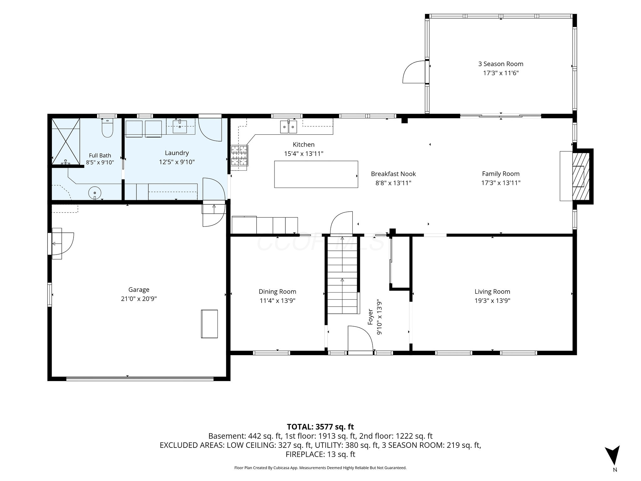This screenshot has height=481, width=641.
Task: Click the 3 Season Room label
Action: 500,64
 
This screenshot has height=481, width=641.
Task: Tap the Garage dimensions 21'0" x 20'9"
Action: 139,299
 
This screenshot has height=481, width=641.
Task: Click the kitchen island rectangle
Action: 316,174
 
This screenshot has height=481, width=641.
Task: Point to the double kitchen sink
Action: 288,126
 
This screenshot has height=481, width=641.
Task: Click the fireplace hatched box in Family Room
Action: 581,177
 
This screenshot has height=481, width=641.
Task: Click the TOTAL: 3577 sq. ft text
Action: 320,427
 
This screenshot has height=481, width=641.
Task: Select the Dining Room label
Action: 277,292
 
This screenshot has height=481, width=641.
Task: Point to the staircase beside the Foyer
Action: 342,275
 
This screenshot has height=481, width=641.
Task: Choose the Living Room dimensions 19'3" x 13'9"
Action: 492,301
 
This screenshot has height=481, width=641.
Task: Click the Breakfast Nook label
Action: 393,174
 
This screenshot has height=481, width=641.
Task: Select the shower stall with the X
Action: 66,141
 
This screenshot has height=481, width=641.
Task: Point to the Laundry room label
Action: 177,153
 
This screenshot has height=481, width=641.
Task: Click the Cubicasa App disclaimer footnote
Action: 320,468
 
